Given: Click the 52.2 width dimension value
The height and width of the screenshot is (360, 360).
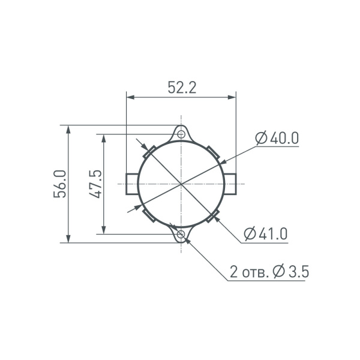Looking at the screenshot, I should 182,88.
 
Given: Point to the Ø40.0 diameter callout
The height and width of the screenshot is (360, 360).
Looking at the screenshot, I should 277,138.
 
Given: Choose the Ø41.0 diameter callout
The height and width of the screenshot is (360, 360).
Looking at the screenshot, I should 266,233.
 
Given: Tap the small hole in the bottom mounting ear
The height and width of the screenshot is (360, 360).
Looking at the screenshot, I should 181,235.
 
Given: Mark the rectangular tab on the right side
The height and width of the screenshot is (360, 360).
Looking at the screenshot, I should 230,184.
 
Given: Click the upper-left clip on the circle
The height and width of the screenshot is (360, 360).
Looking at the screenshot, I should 149,150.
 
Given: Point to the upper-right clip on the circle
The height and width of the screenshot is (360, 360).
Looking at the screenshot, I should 212,150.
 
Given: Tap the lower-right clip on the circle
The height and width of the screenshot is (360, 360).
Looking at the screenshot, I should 212,216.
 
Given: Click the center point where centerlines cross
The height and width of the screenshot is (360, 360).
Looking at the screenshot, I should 181,184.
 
